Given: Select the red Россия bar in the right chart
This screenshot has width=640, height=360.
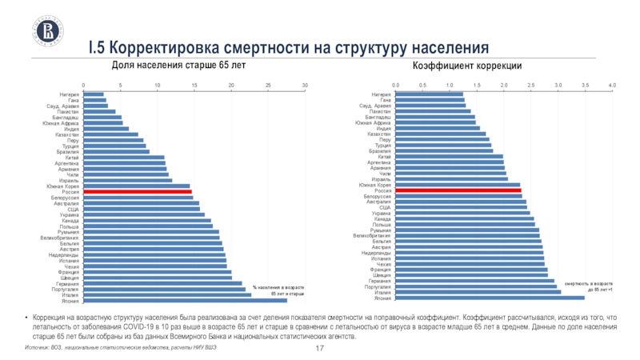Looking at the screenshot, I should point(458,191).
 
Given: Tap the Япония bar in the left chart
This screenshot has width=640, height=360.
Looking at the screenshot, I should point(186,300).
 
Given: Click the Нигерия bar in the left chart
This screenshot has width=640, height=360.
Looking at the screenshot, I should point(94,94).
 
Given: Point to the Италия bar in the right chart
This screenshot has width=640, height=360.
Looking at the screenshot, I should point(478,292).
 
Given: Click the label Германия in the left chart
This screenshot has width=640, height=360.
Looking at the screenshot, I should point(66,283).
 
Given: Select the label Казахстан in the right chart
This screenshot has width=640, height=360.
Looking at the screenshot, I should point(377,134).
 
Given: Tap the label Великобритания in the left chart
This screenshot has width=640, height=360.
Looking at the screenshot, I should point(59,238).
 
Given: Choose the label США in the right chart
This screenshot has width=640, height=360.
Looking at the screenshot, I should point(385,208).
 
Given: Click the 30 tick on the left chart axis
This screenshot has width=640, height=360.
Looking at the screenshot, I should point(305,85).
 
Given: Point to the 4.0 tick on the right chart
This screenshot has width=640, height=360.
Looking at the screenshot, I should point(612,85).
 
